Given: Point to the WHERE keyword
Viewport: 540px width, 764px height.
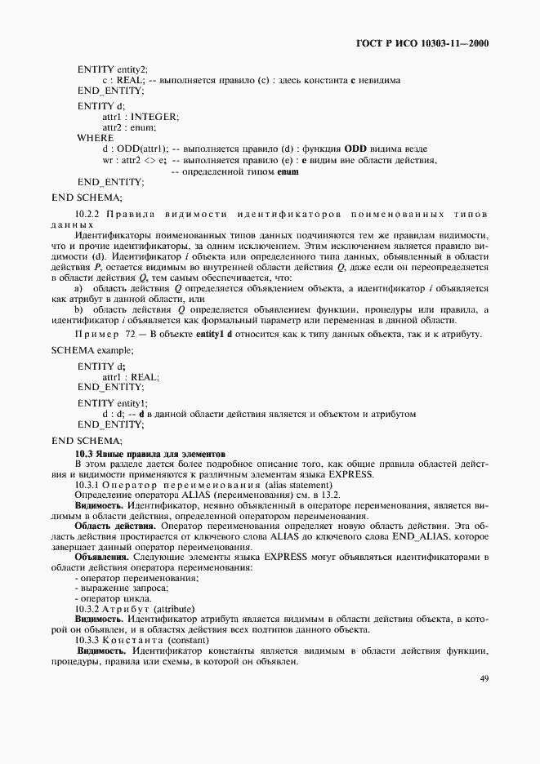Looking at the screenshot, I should [x=96, y=138].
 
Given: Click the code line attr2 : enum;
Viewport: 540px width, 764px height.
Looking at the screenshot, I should [x=128, y=127].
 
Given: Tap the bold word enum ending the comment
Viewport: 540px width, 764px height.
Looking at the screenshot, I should [x=288, y=171].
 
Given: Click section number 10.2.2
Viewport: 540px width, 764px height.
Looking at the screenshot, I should [x=90, y=213].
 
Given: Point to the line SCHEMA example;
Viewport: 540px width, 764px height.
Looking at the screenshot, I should [x=93, y=349].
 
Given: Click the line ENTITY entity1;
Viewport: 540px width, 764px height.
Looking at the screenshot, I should [x=113, y=403].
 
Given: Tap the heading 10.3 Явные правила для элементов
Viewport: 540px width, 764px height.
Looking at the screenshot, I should [x=150, y=453].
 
